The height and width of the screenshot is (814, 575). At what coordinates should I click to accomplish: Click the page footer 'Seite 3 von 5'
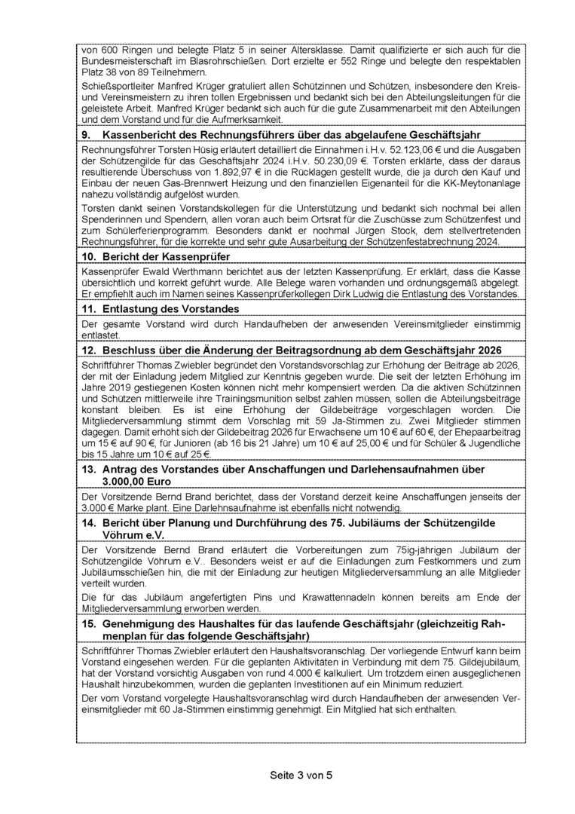pyautogui.click(x=287, y=776)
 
